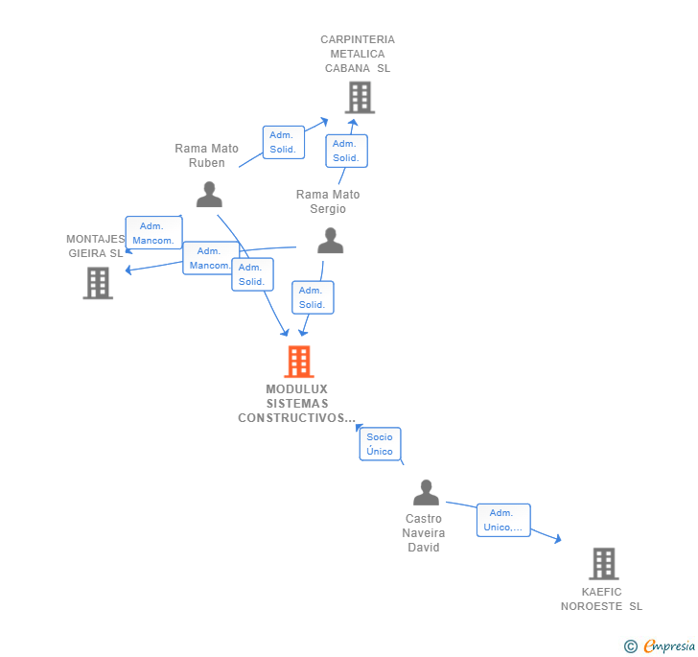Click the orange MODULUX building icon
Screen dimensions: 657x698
coord(299,362)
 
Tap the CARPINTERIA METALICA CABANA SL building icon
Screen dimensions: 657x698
coord(360,97)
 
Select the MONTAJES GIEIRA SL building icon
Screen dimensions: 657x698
coord(98,283)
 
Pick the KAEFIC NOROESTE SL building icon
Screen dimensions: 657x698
coord(603,563)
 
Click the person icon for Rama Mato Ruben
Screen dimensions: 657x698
coord(209,195)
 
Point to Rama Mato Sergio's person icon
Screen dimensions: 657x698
coord(330,241)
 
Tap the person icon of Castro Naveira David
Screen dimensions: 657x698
coord(426,493)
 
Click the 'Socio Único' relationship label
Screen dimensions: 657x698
coord(380,444)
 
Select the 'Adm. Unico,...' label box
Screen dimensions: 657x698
coord(503,520)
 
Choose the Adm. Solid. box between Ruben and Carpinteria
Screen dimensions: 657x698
coord(283,142)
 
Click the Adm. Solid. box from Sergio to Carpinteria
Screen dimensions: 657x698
coord(346,151)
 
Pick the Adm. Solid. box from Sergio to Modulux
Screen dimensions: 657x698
coord(312,297)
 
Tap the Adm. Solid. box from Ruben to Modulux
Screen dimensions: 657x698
coord(252,274)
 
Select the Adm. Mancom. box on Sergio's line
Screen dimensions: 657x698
coord(210,258)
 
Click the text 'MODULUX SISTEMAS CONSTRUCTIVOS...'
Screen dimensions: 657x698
coord(297,404)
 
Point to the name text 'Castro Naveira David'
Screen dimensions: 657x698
coord(423,532)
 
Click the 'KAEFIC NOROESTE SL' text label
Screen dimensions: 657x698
coord(602,598)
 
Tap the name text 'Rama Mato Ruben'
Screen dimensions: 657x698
coord(207,155)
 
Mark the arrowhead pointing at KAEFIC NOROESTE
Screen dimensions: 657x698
coord(558,540)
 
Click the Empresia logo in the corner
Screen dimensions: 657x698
coord(660,646)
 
